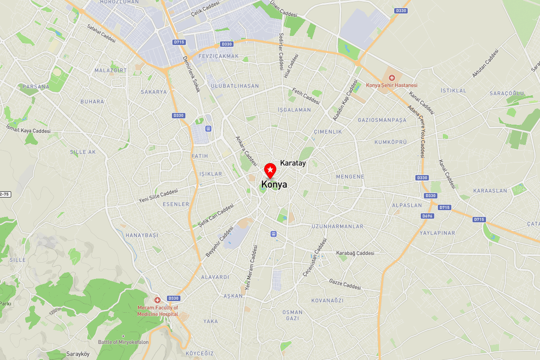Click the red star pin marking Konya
(x=270, y=170)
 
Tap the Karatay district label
(x=293, y=163)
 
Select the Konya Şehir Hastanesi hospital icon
(x=391, y=78)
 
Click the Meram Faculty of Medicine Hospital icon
(x=157, y=300)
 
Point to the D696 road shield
(x=427, y=216)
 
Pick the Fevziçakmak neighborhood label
(x=218, y=56)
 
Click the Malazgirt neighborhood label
(x=111, y=71)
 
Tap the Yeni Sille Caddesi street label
(x=158, y=195)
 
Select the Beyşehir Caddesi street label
(x=220, y=242)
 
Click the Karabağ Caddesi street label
(x=355, y=253)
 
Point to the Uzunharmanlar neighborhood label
(x=337, y=226)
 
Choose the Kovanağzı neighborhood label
(x=327, y=301)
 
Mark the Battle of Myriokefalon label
(x=123, y=342)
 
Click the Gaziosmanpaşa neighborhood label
(x=382, y=120)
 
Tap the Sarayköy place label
(x=78, y=354)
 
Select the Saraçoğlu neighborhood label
(x=507, y=93)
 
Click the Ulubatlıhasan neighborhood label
(x=235, y=86)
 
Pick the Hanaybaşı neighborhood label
(x=142, y=235)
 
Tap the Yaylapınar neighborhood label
(x=437, y=233)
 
